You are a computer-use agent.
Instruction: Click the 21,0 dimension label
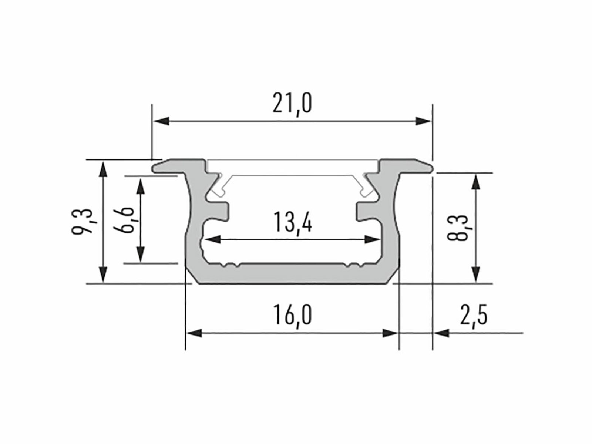pyautogui.click(x=292, y=104)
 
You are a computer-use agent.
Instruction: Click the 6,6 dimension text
pyautogui.click(x=124, y=220)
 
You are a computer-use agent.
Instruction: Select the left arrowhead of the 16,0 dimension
pyautogui.click(x=195, y=333)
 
